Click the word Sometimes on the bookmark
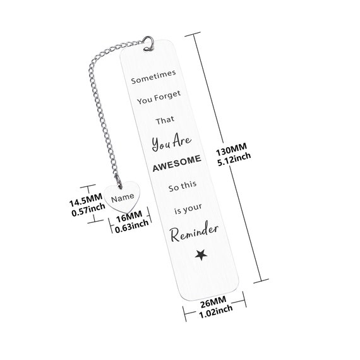pos(153,76)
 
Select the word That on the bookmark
pos(165,120)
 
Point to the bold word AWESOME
pos(177,163)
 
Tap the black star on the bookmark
pos(201,255)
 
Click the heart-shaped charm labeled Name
pos(122,197)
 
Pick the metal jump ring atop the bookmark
pos(148,43)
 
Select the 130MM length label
pos(231,149)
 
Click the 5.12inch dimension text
pos(234,160)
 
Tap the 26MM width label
pos(213,302)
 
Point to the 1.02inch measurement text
pos(215,312)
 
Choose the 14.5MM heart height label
pos(86,200)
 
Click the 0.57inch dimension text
pos(88,210)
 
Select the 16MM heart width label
pos(129,217)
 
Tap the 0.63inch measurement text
pos(132,227)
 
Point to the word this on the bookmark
pos(188,185)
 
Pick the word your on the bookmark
pos(193,208)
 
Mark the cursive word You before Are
pos(161,144)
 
